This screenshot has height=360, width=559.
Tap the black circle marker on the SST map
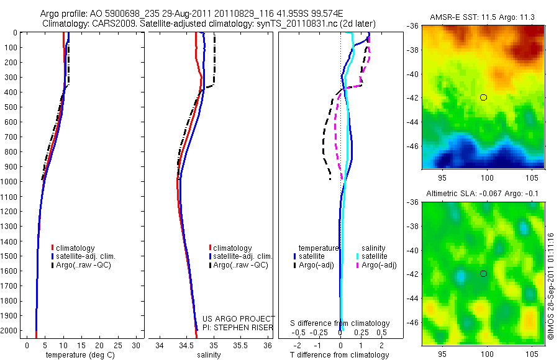pos(484,97)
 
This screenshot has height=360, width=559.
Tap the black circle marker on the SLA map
pos(484,274)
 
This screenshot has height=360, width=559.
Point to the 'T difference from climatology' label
pos(340,355)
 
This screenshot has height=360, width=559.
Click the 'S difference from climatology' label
pos(340,323)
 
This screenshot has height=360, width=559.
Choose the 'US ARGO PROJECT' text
pos(239,319)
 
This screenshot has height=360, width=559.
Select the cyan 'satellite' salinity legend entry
pos(375,256)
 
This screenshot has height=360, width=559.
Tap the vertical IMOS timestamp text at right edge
pos(552,286)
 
